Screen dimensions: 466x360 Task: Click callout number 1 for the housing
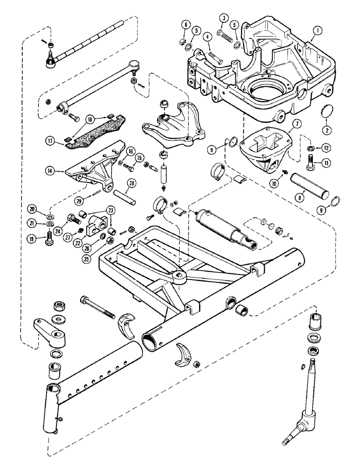point(317,31)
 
